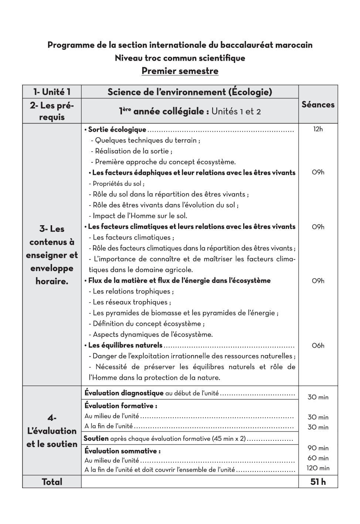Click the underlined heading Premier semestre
(180, 71)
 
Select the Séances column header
(318, 105)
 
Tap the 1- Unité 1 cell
(52, 92)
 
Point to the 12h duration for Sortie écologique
(318, 129)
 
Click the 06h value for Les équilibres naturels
(318, 346)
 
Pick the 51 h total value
(318, 482)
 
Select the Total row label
(52, 482)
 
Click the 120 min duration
(318, 468)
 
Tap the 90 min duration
(318, 448)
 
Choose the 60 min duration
(318, 458)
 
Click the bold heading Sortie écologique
(117, 130)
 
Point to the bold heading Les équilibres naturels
(125, 345)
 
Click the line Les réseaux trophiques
(130, 302)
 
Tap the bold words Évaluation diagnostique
(124, 393)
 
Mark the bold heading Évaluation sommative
(122, 451)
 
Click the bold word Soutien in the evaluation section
(96, 439)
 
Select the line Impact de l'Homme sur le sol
(138, 216)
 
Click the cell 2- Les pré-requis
(52, 111)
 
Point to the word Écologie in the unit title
(251, 92)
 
